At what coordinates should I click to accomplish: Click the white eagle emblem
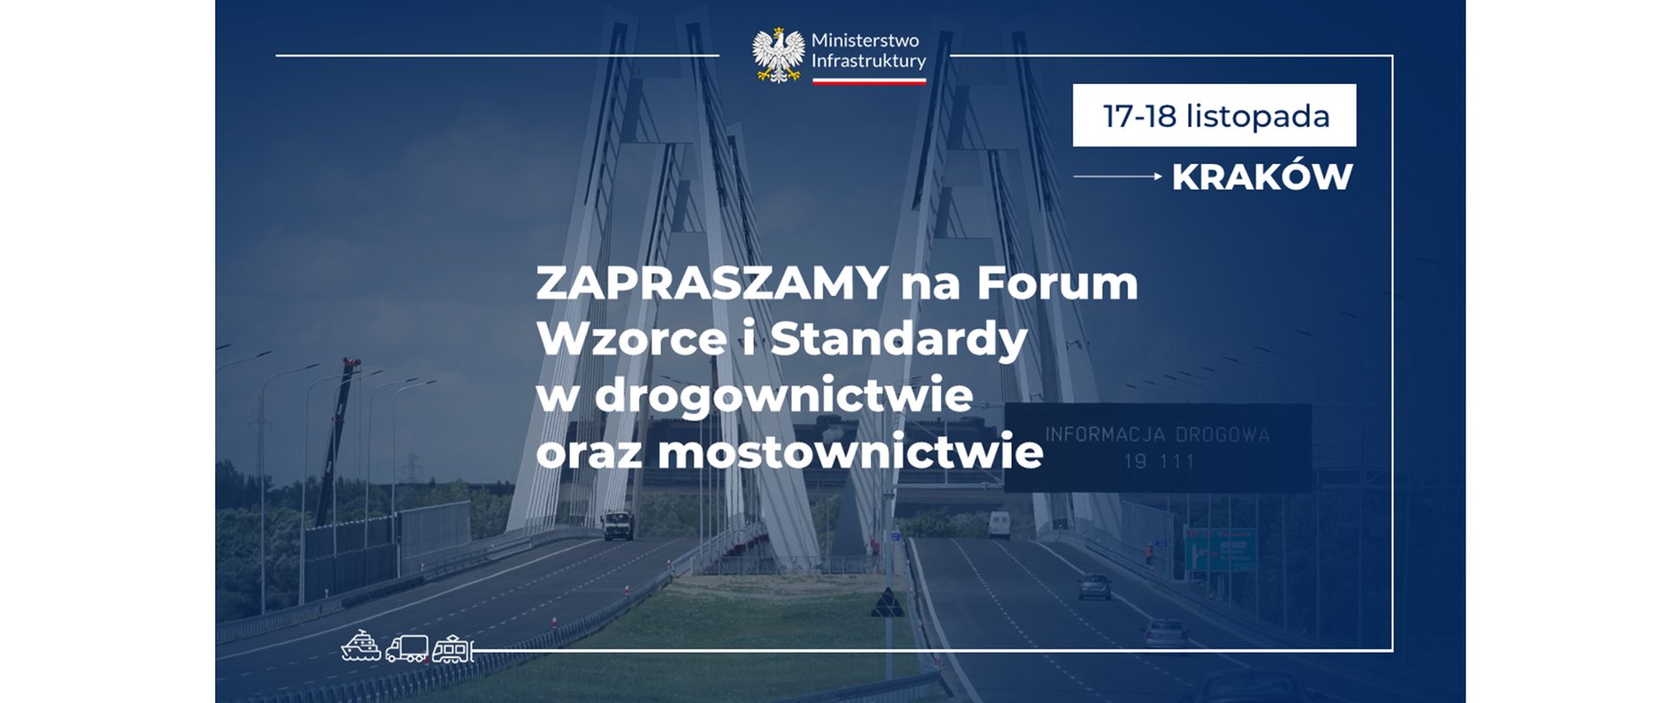click(778, 55)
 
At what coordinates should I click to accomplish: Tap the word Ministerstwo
click(864, 41)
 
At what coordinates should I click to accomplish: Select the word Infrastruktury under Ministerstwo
click(868, 61)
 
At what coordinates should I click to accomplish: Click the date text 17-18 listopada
click(1215, 116)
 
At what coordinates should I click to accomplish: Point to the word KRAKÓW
click(1262, 177)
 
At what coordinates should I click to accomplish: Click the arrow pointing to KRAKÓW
click(1118, 176)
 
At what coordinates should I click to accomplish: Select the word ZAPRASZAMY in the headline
click(712, 283)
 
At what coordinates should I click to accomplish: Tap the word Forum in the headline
click(1057, 283)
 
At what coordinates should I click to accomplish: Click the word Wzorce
click(631, 338)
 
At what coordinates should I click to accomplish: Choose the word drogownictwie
click(783, 396)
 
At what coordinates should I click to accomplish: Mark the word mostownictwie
click(850, 452)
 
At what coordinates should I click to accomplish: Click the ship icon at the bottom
click(361, 647)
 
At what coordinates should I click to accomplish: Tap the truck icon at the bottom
click(406, 648)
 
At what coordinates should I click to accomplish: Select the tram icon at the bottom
click(452, 648)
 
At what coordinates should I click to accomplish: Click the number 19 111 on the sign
click(1159, 462)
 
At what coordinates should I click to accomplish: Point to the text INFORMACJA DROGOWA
click(1156, 435)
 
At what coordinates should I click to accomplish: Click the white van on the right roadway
click(998, 524)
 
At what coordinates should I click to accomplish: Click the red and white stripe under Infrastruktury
click(868, 81)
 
